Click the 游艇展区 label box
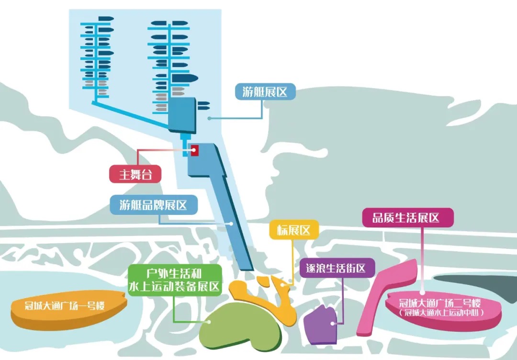tap(265, 92)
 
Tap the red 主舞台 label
tap(135, 174)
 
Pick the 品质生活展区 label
tap(405, 218)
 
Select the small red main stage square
tap(195, 150)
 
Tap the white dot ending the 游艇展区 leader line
tap(209, 118)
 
